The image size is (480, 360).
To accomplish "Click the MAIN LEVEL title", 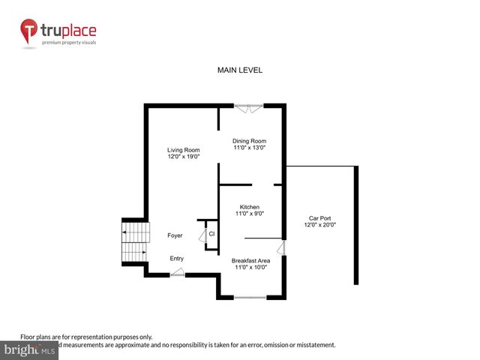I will (240, 70).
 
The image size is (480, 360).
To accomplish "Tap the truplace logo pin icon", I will (30, 32).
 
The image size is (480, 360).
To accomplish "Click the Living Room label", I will (183, 150).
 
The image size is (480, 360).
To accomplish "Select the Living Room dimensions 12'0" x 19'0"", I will (183, 157).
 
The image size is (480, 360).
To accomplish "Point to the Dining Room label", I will (249, 141).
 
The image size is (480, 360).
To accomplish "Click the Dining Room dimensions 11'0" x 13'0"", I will (249, 148).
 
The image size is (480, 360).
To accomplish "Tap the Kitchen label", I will (249, 206).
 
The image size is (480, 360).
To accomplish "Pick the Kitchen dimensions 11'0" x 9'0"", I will (249, 214).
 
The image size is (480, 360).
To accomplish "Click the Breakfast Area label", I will (251, 259).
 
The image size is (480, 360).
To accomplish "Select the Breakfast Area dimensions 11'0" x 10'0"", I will (251, 267).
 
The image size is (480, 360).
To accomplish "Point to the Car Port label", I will (320, 217).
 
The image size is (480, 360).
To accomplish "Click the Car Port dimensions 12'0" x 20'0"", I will (320, 225).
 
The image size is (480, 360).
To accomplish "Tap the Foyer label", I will (175, 235).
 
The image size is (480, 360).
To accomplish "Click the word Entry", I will (176, 259).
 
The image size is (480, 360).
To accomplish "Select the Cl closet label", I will (211, 234).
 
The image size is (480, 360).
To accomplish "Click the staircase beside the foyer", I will (134, 242).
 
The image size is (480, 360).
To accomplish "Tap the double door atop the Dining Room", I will (247, 108).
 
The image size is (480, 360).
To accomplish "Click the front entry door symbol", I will (177, 274).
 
